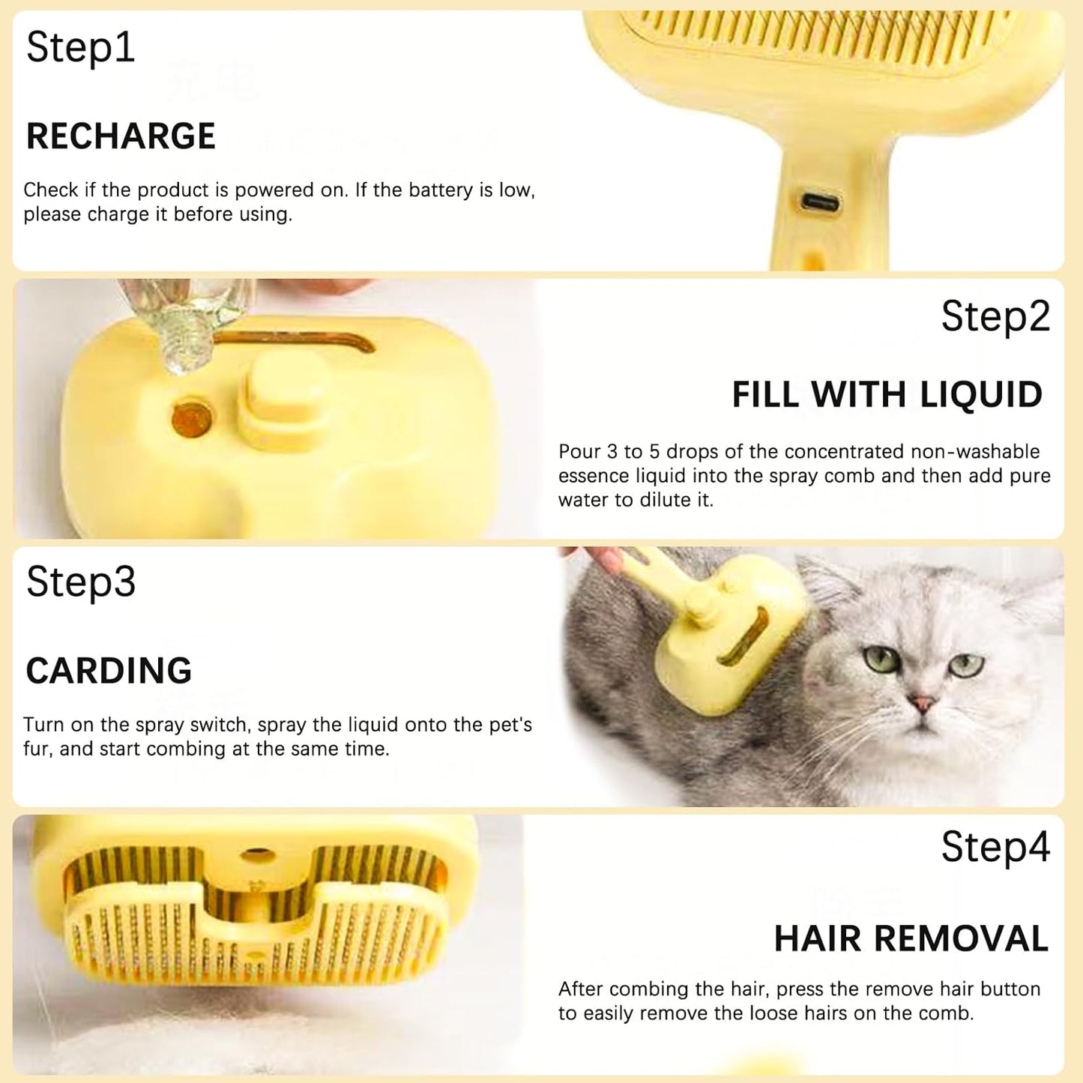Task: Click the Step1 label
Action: click(x=80, y=49)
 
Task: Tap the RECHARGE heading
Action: click(x=121, y=136)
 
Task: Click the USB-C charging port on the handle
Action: click(x=820, y=202)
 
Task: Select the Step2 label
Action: click(x=995, y=316)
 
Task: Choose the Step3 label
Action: click(x=81, y=582)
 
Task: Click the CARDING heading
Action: click(x=109, y=671)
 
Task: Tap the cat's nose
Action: click(x=921, y=703)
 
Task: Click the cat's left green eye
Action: click(x=881, y=659)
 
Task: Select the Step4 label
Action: click(x=995, y=847)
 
